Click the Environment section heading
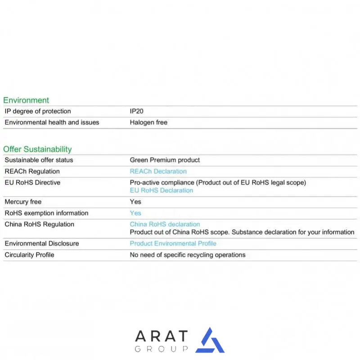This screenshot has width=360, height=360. (26, 100)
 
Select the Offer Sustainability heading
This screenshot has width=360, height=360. (37, 149)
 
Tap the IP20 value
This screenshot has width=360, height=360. (137, 111)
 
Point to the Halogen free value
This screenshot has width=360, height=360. (148, 122)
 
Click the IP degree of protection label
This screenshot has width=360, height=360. (38, 111)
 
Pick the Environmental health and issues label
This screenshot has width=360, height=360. (52, 122)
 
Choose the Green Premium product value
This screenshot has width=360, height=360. (165, 160)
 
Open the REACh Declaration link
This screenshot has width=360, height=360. (158, 171)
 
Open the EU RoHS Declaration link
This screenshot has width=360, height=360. (161, 190)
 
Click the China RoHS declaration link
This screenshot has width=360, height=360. (165, 224)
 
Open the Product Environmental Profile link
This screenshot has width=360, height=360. (173, 243)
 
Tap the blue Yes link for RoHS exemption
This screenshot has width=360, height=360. (135, 213)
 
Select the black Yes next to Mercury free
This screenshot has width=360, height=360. (135, 202)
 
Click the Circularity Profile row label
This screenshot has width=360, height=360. (29, 255)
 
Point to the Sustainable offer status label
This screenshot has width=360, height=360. (39, 160)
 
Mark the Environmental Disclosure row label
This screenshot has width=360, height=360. (41, 243)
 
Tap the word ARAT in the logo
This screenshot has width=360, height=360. (162, 336)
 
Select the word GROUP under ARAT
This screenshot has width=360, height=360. (162, 349)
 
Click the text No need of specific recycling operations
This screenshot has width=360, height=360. (188, 255)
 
